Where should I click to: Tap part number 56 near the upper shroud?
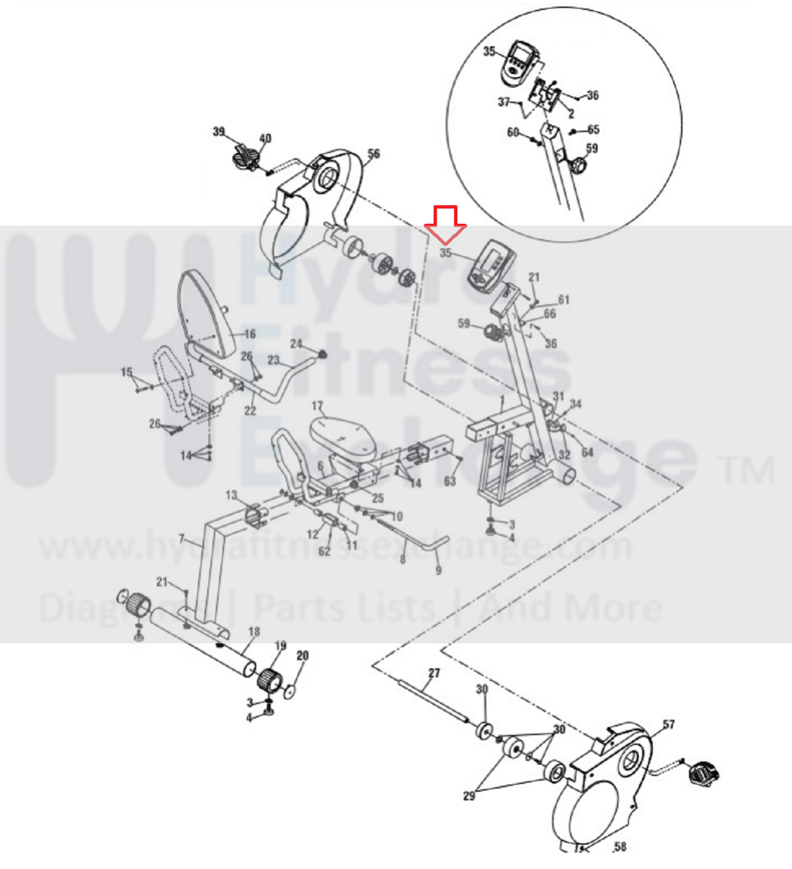click(374, 155)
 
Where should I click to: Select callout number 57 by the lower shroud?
click(668, 724)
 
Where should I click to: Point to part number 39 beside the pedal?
click(219, 132)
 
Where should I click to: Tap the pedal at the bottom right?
click(703, 772)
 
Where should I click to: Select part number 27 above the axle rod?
click(434, 674)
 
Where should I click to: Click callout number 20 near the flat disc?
click(303, 656)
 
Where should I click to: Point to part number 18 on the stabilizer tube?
click(254, 632)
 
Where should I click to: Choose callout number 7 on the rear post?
click(182, 539)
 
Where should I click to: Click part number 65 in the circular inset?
click(593, 129)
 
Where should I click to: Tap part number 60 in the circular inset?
click(513, 133)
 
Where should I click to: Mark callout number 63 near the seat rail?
click(450, 481)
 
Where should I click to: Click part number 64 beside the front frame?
click(587, 452)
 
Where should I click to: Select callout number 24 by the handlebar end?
click(296, 344)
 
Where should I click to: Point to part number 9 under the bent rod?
click(439, 570)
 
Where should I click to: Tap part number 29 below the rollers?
click(469, 796)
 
